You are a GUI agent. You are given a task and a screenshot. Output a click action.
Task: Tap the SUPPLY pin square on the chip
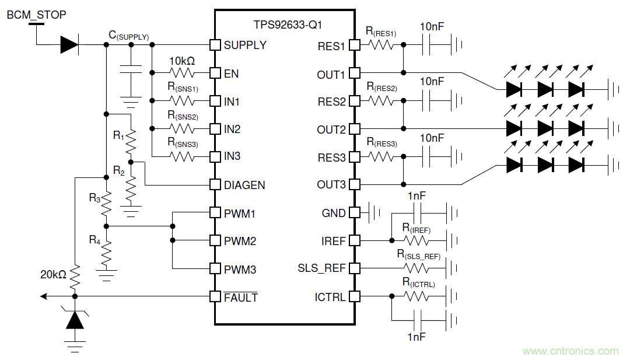215,45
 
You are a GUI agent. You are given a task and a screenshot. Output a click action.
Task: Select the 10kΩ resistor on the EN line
181,73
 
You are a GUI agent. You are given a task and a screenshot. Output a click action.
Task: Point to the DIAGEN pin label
244,186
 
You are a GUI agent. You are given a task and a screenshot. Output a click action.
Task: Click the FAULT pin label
240,298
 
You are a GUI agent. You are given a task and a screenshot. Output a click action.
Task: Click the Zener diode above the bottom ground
75,319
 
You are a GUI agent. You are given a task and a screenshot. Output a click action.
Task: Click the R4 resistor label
94,239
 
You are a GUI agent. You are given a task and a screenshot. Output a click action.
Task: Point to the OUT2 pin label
331,130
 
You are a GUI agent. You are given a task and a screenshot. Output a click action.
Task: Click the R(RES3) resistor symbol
382,157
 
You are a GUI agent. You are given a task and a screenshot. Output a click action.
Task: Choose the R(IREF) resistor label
416,228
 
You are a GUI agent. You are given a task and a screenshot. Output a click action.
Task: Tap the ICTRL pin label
330,297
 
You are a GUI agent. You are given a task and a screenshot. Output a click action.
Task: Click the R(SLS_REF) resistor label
419,254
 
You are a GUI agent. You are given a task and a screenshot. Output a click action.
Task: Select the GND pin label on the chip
334,214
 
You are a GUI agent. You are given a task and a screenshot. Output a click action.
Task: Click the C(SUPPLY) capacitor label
128,36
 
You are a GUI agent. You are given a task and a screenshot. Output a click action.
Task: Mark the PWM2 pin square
215,241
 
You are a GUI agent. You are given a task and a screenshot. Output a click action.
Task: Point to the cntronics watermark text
570,351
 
